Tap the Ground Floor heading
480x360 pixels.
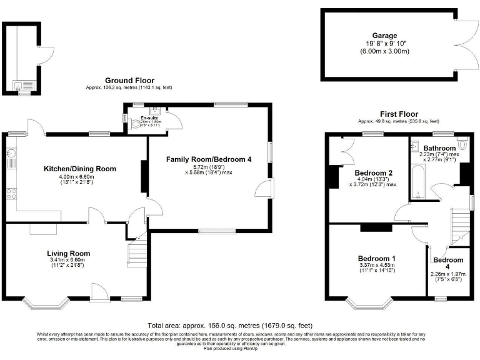129,80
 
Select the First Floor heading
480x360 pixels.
398,114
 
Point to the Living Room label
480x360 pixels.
69,253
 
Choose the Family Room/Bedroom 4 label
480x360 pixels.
208,160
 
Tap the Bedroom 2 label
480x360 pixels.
373,173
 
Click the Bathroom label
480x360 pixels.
437,147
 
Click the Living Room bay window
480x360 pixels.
47,305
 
